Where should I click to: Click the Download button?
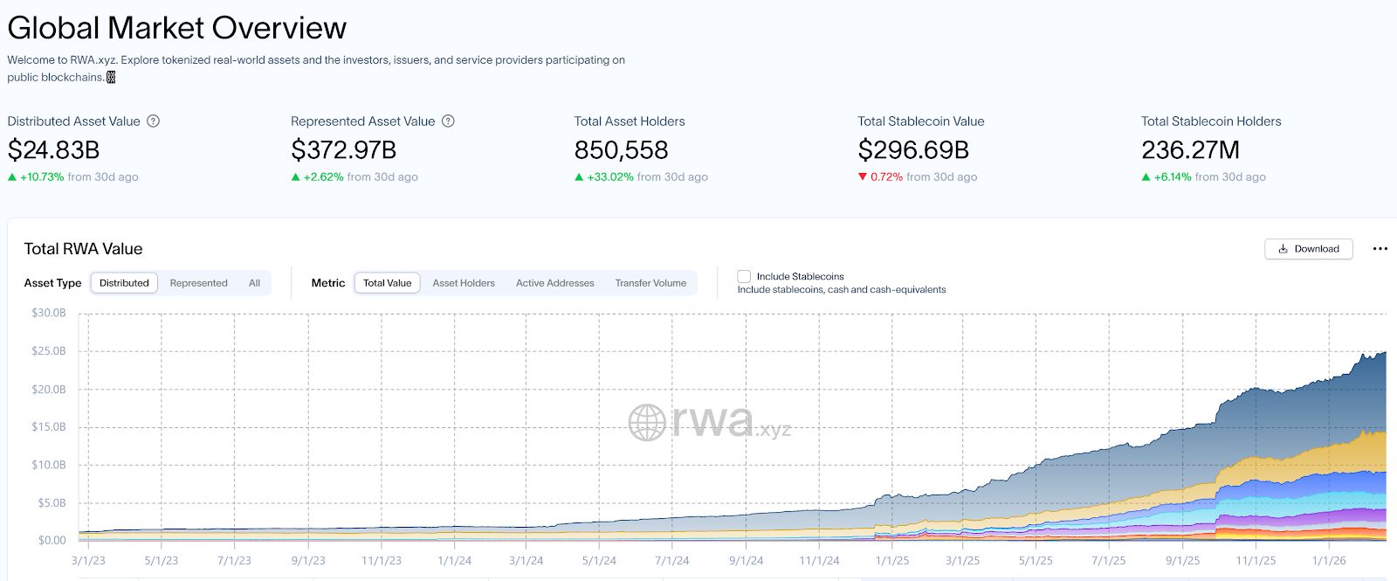1308,249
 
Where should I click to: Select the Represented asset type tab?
198,283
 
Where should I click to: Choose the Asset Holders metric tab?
464,283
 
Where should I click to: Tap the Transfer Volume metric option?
650,283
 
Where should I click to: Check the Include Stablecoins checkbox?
744,277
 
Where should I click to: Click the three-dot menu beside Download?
1380,249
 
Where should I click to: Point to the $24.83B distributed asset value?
53,150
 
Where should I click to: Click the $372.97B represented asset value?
343,150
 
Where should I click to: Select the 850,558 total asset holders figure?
621,150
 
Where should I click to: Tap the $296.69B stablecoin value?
913,150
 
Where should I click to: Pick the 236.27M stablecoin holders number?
1190,150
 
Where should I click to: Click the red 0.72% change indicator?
885,176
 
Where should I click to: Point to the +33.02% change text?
610,176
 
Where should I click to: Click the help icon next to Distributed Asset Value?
153,121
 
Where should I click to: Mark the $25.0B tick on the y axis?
48,351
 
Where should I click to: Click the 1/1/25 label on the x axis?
891,561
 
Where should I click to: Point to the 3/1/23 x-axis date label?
87,561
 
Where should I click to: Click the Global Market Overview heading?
176,28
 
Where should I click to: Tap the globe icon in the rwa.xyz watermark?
647,423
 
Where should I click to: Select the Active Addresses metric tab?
554,283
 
